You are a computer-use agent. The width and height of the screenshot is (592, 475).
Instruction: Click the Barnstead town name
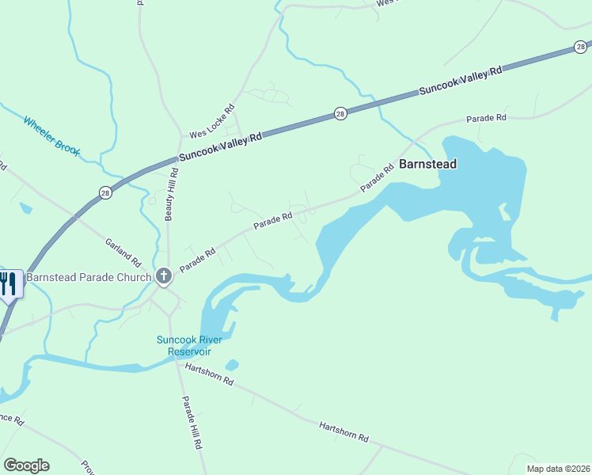coord(428,165)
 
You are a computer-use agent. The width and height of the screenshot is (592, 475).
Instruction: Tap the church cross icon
coord(164,276)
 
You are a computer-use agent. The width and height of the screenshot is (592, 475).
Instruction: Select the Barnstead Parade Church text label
coord(89,277)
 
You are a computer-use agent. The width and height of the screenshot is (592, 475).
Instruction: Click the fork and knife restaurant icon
coord(9,283)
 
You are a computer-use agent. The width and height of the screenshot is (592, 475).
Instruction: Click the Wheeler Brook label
coord(51,135)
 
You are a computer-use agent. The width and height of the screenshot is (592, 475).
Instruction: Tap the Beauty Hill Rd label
coord(169,198)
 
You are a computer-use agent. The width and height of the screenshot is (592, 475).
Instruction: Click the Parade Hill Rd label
coord(191,423)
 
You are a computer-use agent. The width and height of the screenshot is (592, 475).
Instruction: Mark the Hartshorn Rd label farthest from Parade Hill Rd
coord(344,431)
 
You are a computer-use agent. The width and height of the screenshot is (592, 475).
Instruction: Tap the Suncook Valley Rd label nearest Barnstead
coord(461,82)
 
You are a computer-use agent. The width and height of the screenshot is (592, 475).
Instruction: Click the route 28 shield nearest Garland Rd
coord(104,192)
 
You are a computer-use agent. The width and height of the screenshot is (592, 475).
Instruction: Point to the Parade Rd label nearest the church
coord(197,260)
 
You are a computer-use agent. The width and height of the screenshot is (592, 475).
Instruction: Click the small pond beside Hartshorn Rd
coord(231,365)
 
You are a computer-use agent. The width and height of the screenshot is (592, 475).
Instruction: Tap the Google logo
coord(26,465)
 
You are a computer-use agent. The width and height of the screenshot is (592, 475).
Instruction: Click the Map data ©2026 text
coord(558,468)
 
